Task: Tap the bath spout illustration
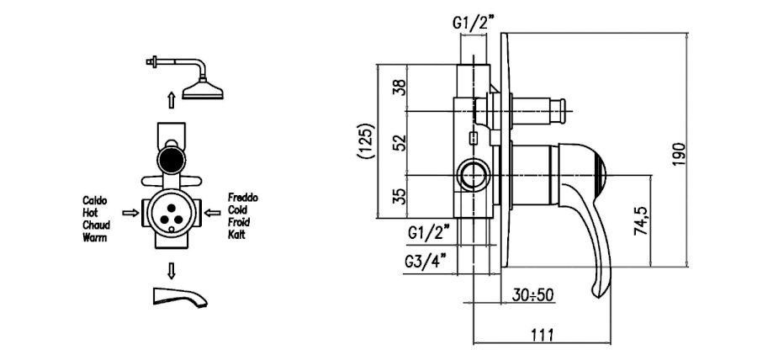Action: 179,296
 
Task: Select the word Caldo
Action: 95,201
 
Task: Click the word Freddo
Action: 243,198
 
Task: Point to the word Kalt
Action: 236,235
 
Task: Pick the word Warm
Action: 94,237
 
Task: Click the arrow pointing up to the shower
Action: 171,101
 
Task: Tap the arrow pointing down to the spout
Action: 171,271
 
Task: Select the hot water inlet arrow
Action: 130,213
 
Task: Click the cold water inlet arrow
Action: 213,213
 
